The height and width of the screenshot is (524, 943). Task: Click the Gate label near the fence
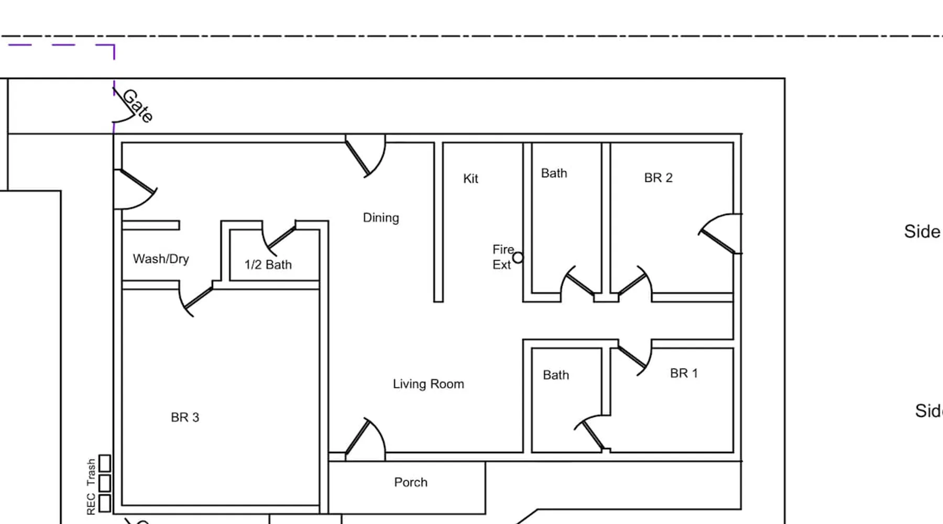[x=138, y=106]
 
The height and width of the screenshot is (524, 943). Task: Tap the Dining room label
[x=381, y=217]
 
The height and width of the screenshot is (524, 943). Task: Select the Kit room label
[x=470, y=179]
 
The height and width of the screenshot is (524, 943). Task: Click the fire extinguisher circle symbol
[x=518, y=258]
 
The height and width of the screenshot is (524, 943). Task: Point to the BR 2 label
[x=658, y=178]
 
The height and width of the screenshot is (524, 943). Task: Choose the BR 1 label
[x=684, y=373]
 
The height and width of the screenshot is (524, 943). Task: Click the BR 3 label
[x=185, y=418]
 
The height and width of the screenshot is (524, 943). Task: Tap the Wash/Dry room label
[x=161, y=259]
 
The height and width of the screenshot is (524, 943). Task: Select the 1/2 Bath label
[x=268, y=265]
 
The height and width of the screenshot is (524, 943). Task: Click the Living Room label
[x=428, y=384]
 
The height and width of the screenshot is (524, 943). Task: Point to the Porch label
[x=411, y=482]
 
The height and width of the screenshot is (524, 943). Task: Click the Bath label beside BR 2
[x=554, y=173]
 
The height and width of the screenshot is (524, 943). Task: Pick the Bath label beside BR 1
[x=556, y=375]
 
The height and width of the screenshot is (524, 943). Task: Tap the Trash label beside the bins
[x=91, y=472]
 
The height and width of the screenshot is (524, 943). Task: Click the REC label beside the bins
[x=91, y=504]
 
